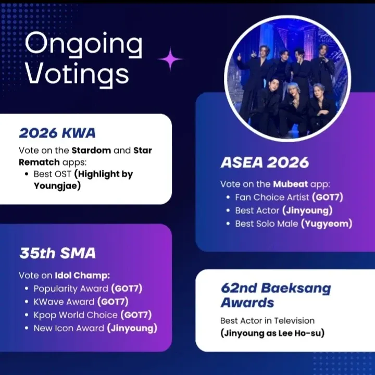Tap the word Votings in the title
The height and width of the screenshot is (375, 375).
(77, 73)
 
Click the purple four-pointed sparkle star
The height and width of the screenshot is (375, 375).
(170, 59)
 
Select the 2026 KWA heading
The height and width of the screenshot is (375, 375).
(57, 133)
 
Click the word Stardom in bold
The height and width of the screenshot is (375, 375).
(91, 151)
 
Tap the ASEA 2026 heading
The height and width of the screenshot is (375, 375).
(265, 162)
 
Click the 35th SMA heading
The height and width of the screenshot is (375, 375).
(57, 254)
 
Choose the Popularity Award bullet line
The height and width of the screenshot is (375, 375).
(87, 289)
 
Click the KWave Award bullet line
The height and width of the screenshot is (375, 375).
(81, 302)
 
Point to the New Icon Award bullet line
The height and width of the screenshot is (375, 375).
(95, 328)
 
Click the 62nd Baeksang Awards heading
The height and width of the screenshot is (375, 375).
(276, 295)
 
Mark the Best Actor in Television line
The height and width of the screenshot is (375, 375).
(267, 320)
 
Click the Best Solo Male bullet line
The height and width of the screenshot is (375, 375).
(293, 224)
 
